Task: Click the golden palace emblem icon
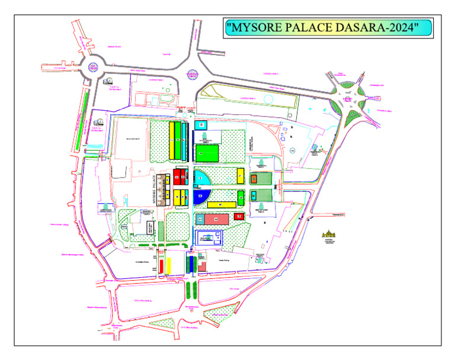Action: point(328,235)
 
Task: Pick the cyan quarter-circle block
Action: point(201,177)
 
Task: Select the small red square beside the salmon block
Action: point(239,217)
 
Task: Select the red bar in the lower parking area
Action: point(161,266)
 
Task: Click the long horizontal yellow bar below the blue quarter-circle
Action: point(219,205)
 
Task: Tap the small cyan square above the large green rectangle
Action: point(201,125)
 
